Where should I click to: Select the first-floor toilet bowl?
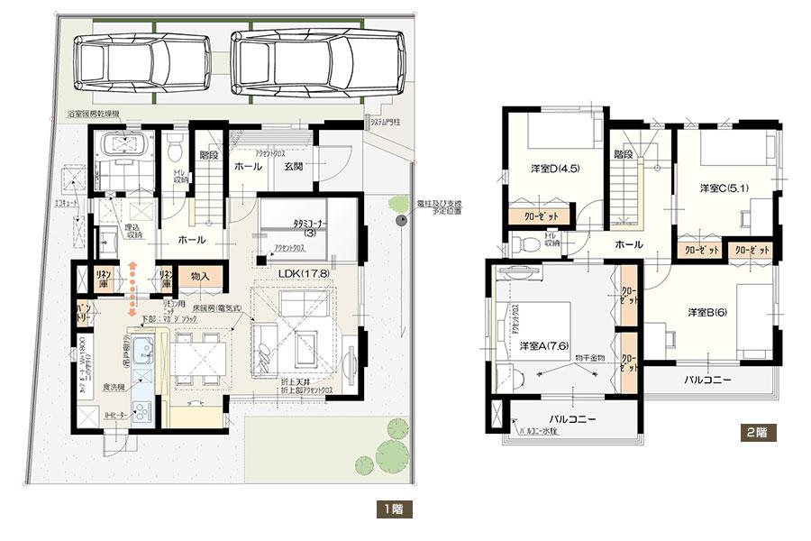click(178, 145)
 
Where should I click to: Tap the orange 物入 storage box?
click(199, 276)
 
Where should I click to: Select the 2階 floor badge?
click(756, 431)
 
